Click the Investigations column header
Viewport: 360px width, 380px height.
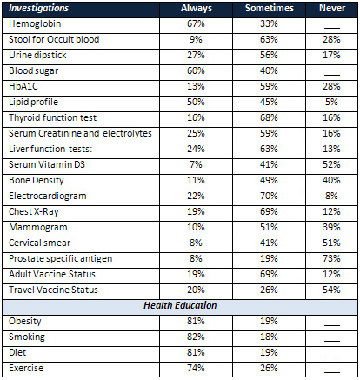tap(38, 9)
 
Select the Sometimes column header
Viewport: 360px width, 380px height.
tap(270, 8)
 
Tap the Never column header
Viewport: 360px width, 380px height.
tap(332, 8)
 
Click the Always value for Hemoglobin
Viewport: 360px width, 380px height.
tap(196, 23)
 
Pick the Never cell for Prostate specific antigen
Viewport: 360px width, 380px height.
tap(331, 258)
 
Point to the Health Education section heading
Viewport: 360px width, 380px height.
tap(180, 305)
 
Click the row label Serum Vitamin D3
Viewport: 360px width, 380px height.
tap(47, 164)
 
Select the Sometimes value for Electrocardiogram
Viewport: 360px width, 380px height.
tap(269, 196)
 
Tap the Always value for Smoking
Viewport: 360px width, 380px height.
tap(196, 337)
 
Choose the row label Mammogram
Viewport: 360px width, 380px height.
tap(38, 227)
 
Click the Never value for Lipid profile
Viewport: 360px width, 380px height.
tap(331, 102)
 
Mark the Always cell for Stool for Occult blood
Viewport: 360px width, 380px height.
tap(196, 39)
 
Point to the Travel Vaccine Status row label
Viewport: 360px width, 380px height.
tap(53, 290)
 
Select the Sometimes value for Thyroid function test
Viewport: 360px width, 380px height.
tap(269, 117)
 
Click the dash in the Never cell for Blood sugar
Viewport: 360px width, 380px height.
tap(332, 76)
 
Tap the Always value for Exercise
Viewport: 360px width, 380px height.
tap(196, 368)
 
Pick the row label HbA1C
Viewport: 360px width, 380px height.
tap(23, 86)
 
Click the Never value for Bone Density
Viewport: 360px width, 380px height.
tap(331, 180)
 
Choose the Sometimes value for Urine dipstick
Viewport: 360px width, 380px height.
tap(269, 55)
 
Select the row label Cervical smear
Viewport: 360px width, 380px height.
tap(39, 243)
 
